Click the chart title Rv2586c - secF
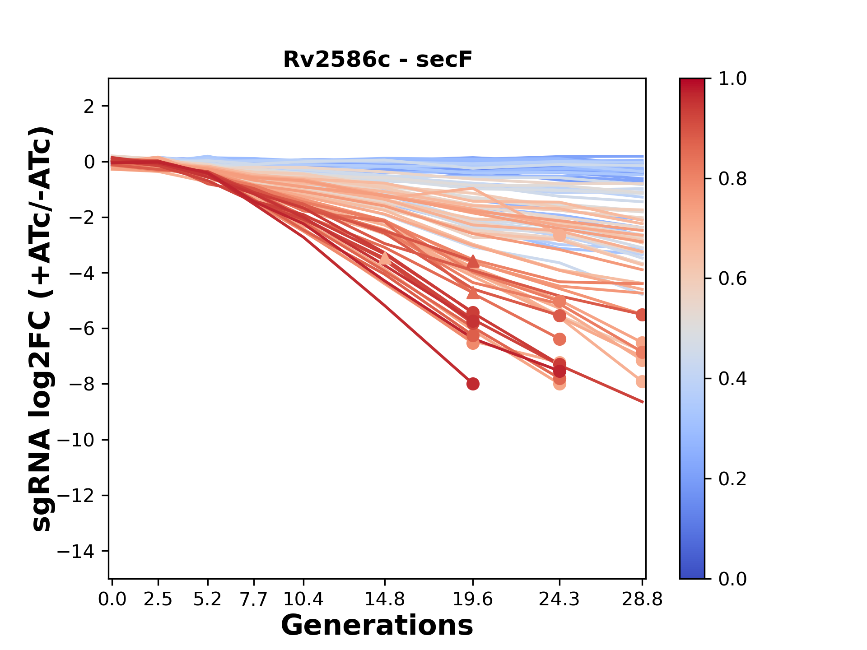pyautogui.click(x=378, y=60)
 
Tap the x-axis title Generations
pyautogui.click(x=377, y=626)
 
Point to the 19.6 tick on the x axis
pyautogui.click(x=473, y=599)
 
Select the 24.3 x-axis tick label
pyautogui.click(x=559, y=599)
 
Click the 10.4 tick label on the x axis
pyautogui.click(x=303, y=599)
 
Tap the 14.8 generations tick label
pyautogui.click(x=385, y=599)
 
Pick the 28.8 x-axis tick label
pyautogui.click(x=642, y=599)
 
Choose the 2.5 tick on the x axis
pyautogui.click(x=158, y=599)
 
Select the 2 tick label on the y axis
pyautogui.click(x=89, y=107)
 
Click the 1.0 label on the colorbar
pyautogui.click(x=732, y=79)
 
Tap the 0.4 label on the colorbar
pyautogui.click(x=732, y=379)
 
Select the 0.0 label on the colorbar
pyautogui.click(x=732, y=579)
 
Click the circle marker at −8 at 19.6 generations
pyautogui.click(x=473, y=384)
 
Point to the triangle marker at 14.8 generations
pyautogui.click(x=385, y=258)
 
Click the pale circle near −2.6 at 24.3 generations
pyautogui.click(x=559, y=235)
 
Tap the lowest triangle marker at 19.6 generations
pyautogui.click(x=473, y=293)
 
